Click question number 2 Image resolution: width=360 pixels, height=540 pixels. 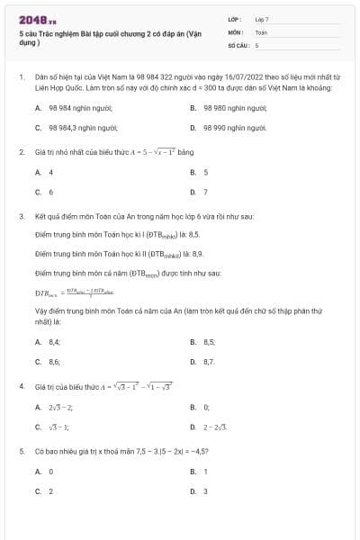pos(21,152)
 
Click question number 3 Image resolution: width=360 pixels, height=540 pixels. pos(21,217)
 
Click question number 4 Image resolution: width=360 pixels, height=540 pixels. pos(21,386)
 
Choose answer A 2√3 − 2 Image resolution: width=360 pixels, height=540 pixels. pos(59,408)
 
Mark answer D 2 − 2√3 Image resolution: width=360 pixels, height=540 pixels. pos(214,427)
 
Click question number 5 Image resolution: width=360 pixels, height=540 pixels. pos(21,451)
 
